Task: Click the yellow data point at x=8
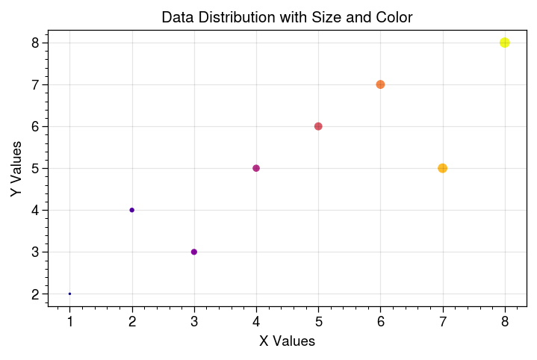[505, 43]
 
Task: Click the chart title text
[287, 16]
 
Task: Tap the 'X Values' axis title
[287, 341]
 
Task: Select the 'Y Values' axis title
[16, 168]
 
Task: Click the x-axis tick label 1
[70, 322]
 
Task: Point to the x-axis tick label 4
[256, 322]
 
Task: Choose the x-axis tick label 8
[505, 322]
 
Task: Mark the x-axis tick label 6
[381, 322]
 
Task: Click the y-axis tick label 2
[34, 294]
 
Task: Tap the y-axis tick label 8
[34, 43]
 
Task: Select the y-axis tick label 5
[34, 169]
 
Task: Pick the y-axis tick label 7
[34, 85]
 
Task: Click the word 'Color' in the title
[394, 16]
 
